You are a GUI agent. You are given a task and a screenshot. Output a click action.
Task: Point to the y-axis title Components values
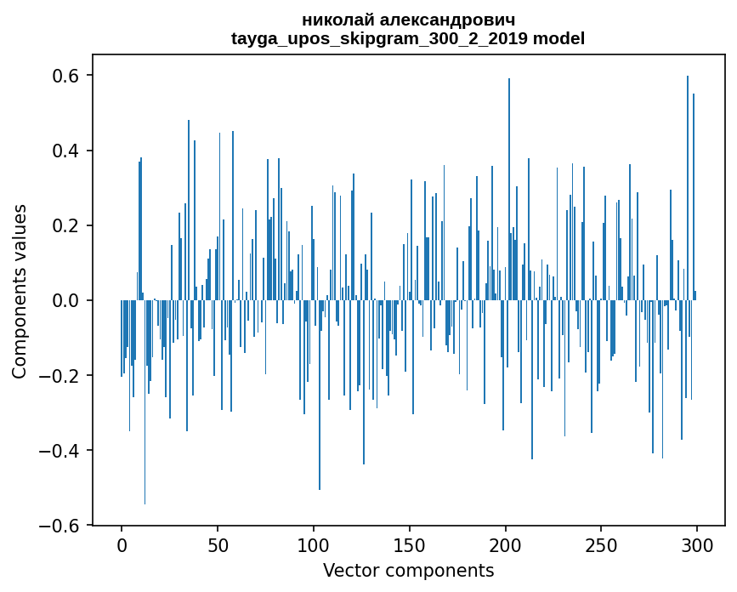pos(20,291)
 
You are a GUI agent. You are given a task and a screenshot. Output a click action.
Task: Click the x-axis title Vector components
pos(408,570)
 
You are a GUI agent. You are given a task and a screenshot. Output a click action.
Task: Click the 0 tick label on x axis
pos(122,544)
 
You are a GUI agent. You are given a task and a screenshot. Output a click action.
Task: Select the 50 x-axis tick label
pos(218,544)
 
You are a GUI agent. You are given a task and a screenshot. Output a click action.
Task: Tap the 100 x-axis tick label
pos(314,544)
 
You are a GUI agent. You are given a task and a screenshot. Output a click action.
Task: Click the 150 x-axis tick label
pos(410,544)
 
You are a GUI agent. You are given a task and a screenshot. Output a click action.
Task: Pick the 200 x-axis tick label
pos(506,544)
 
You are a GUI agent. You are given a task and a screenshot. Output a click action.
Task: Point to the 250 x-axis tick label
pos(601,544)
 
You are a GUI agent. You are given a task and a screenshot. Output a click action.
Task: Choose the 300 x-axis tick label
pos(697,544)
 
